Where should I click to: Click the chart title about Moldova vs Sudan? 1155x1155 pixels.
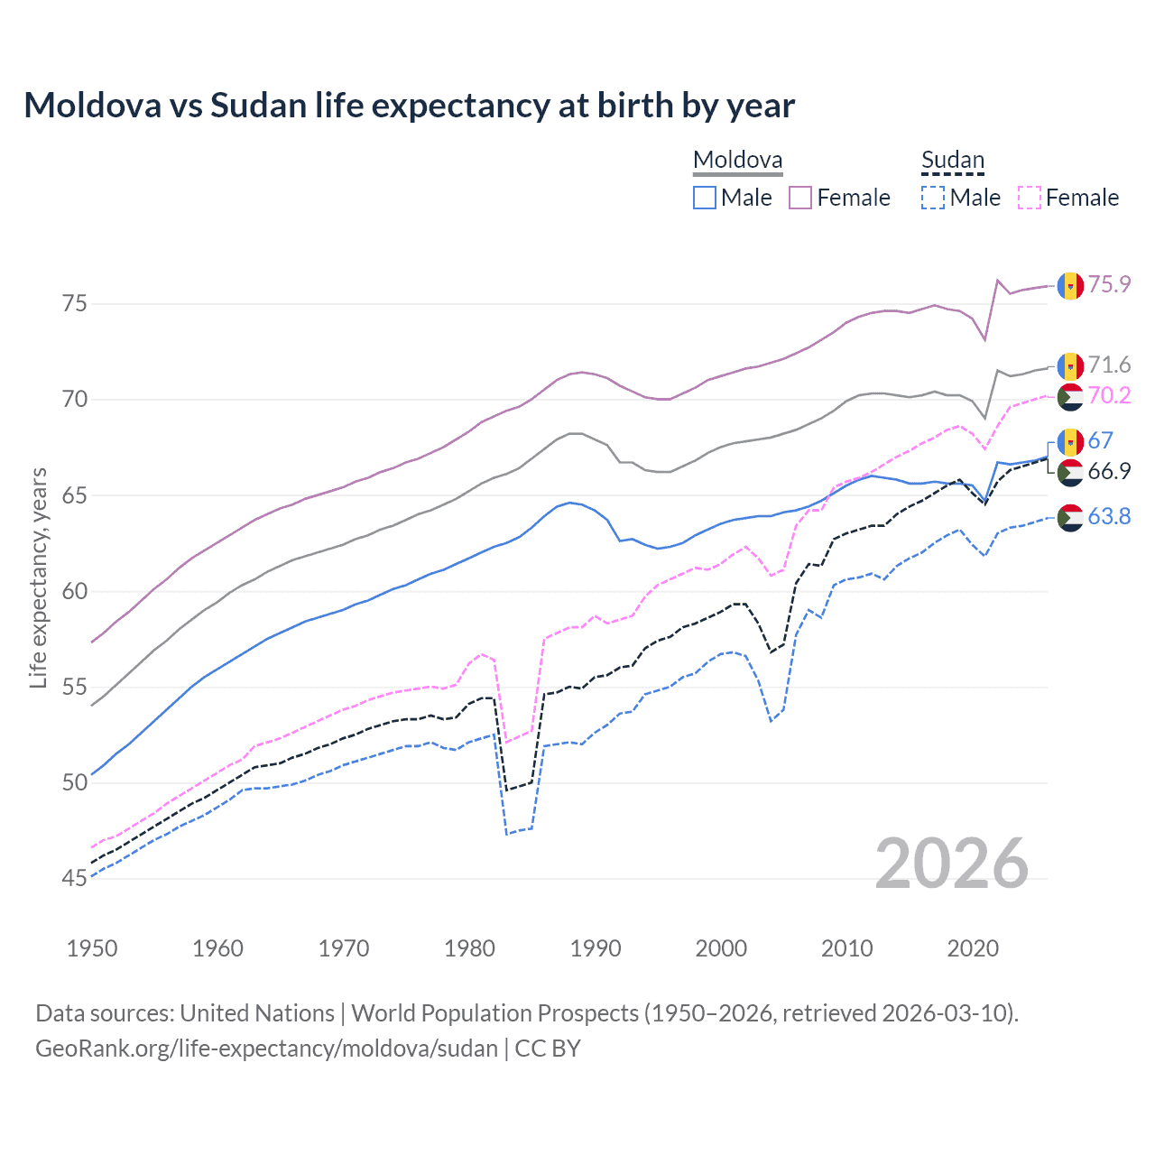[x=409, y=106]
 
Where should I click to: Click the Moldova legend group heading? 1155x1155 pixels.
[x=737, y=161]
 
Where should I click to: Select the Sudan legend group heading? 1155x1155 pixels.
[x=952, y=161]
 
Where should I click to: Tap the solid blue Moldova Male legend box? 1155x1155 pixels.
[x=705, y=198]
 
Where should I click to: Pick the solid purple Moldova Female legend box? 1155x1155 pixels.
[x=800, y=198]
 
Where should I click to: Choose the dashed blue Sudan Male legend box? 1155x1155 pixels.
[x=933, y=198]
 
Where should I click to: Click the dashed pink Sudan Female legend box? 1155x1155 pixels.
[x=1030, y=198]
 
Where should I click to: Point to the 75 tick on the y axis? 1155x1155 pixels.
[x=75, y=303]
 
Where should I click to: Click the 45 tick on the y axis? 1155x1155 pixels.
[x=75, y=878]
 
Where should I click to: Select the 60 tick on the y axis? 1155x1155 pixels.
[x=75, y=591]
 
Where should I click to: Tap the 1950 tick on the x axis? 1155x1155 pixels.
[x=92, y=948]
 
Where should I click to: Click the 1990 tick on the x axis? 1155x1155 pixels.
[x=596, y=948]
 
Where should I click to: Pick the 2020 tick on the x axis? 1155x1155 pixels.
[x=973, y=948]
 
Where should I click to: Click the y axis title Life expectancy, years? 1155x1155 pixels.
[x=38, y=577]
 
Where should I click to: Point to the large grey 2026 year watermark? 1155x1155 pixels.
[x=951, y=864]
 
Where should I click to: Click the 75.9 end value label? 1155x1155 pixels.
[x=1109, y=284]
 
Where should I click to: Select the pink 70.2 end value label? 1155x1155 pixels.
[x=1109, y=395]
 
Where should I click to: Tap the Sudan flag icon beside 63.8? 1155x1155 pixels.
[x=1070, y=517]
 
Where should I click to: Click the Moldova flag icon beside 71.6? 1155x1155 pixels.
[x=1070, y=365]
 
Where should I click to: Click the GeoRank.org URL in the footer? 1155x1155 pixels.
[x=266, y=1049]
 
